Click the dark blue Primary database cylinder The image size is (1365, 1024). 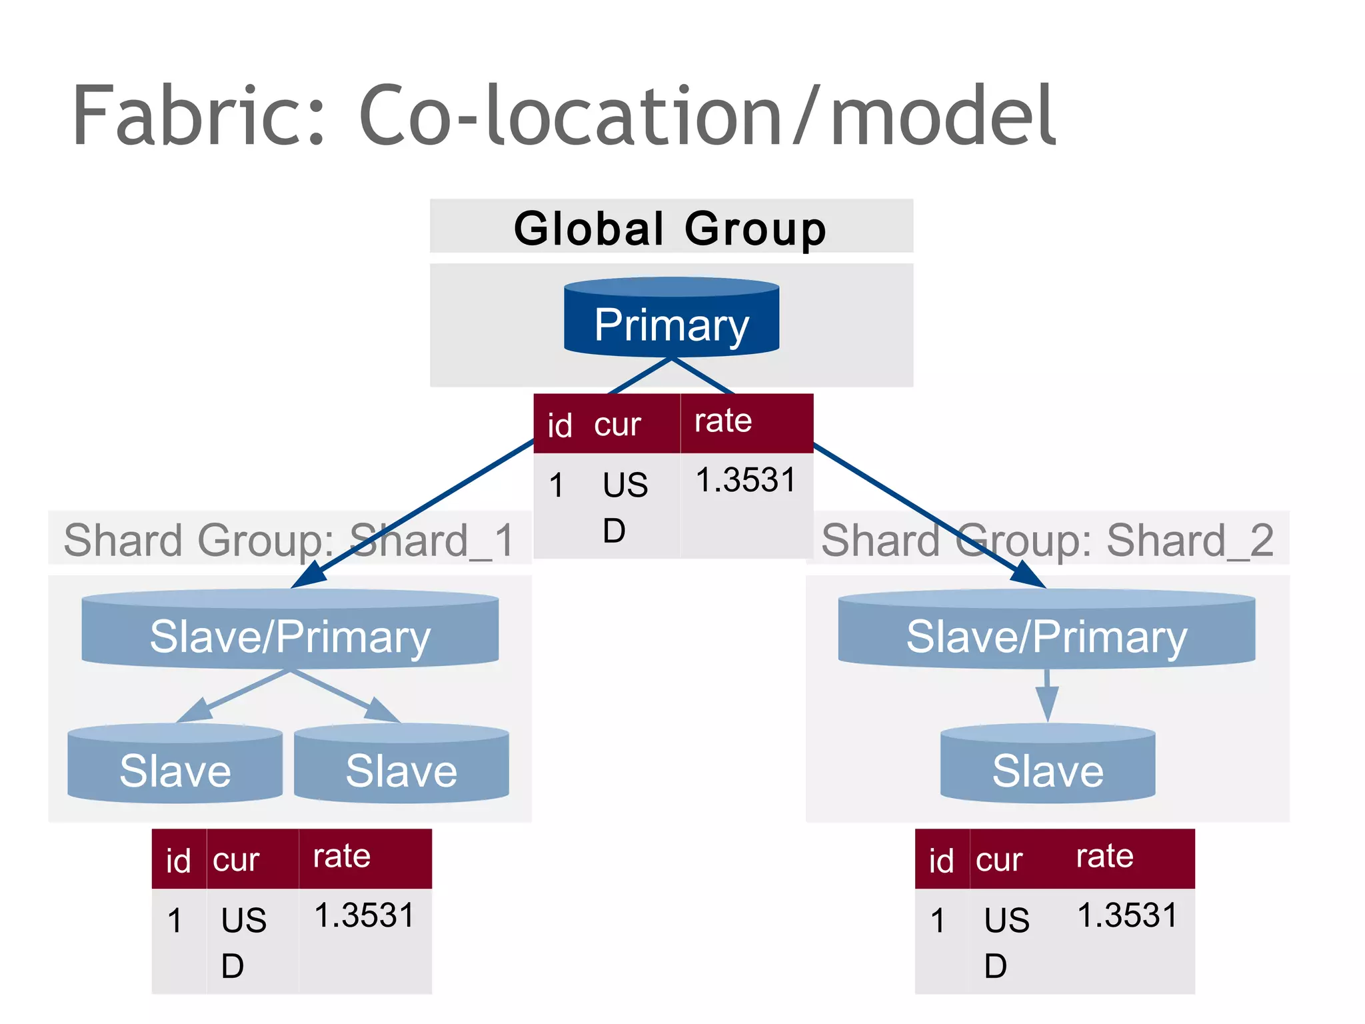[671, 319]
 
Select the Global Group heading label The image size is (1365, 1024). [670, 228]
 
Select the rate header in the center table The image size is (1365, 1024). [723, 421]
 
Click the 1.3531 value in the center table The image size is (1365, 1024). [746, 480]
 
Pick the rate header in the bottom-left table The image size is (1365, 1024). [341, 856]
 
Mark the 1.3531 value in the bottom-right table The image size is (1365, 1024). [1128, 915]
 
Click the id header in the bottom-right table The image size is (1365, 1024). [940, 861]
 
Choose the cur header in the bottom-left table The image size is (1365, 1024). [236, 860]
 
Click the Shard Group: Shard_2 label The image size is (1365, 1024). [1046, 540]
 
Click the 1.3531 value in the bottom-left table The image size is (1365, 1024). [364, 915]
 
